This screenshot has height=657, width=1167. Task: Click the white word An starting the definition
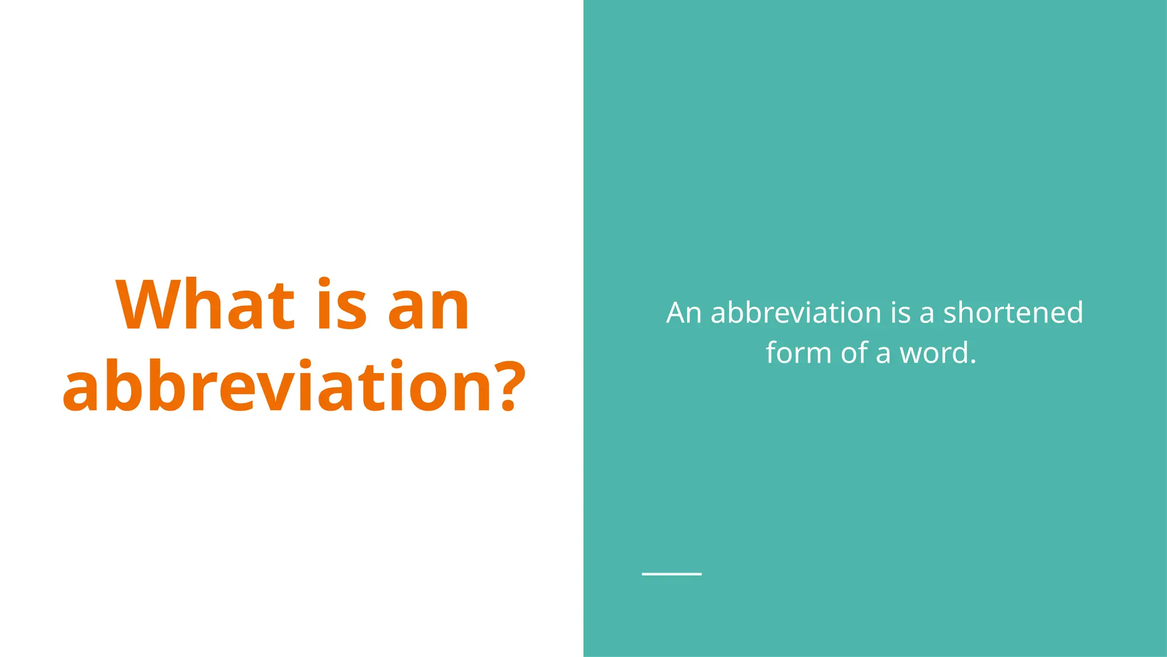coord(684,313)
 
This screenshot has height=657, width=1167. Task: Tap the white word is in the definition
coord(901,313)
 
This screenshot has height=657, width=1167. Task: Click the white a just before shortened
coord(927,314)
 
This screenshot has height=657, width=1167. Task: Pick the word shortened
coord(1013,313)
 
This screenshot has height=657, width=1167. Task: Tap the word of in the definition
coord(854,352)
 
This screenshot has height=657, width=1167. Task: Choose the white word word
coord(933,352)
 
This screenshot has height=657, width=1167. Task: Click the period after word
coord(973,362)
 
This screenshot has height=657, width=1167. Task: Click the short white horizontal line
coord(671,574)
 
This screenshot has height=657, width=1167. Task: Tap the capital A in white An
coord(676,313)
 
